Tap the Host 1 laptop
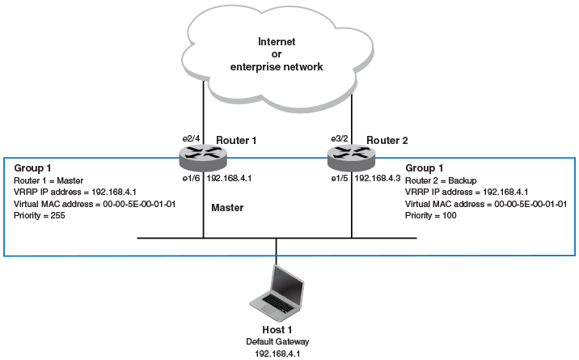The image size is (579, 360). click(x=278, y=292)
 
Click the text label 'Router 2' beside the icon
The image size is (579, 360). click(x=387, y=140)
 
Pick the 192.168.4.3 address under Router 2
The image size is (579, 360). click(x=377, y=176)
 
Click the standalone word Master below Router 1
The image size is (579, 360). click(x=227, y=208)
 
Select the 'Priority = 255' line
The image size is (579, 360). click(x=34, y=216)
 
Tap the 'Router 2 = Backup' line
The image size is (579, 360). click(x=442, y=180)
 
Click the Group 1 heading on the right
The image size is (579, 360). click(x=424, y=167)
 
